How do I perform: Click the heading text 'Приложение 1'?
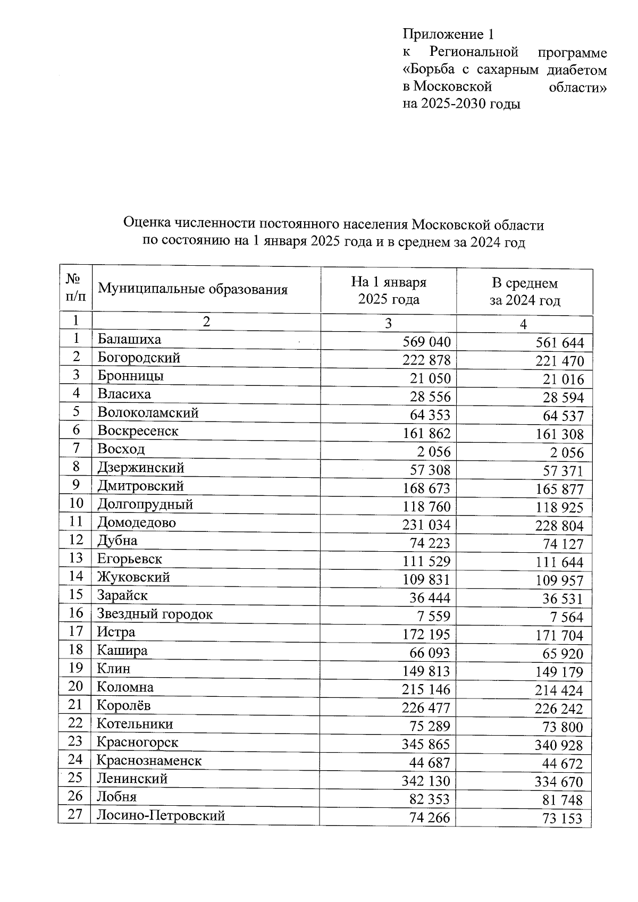(448, 35)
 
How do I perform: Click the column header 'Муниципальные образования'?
(192, 290)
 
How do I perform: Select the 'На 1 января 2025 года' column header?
(389, 291)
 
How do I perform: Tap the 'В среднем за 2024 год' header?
(524, 292)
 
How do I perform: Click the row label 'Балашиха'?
(129, 339)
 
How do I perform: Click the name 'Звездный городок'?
(154, 614)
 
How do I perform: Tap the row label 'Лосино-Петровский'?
(161, 815)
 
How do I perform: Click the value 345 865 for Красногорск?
(426, 744)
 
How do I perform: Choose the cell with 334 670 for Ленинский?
(559, 782)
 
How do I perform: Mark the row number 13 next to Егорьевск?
(76, 558)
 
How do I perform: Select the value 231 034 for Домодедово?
(426, 525)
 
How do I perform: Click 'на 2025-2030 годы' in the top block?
(461, 104)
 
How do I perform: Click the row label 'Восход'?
(121, 449)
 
